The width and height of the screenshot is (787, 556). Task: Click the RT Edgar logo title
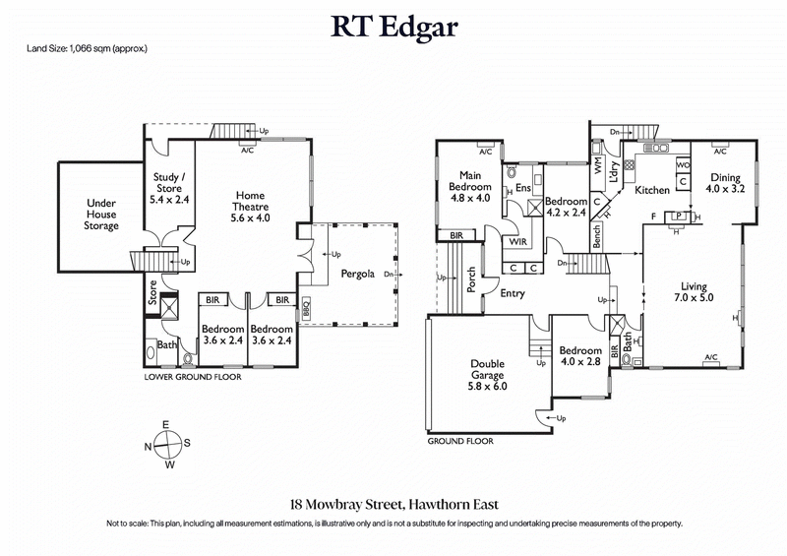coord(393,26)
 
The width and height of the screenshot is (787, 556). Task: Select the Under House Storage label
coord(101,214)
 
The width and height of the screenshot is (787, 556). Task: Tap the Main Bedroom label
coord(469,186)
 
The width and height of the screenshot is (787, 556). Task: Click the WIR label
coord(518,240)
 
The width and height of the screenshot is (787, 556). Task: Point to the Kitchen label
coord(652,190)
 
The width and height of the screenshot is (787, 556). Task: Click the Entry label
coord(512,292)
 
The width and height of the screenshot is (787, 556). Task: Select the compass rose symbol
coord(169,444)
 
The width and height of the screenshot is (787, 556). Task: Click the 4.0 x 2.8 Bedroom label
coord(579,357)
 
